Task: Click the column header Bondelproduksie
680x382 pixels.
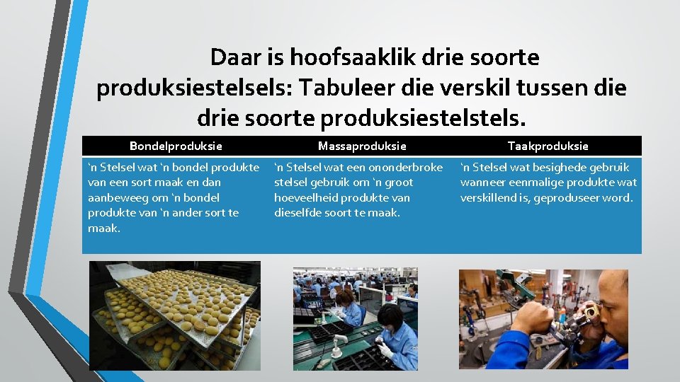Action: tap(176, 146)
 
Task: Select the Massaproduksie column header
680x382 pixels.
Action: tap(362, 146)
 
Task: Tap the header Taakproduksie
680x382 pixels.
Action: tap(548, 146)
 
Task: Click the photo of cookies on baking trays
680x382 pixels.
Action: tap(174, 316)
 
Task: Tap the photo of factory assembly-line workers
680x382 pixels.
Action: tap(355, 318)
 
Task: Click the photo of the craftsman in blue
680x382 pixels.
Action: tap(543, 320)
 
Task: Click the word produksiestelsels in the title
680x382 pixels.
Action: tap(193, 88)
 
